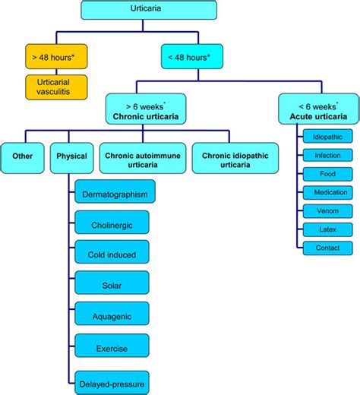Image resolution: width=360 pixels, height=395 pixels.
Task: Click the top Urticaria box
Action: [148, 11]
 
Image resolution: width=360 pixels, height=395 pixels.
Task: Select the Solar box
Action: [112, 286]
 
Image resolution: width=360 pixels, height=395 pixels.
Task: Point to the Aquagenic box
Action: [112, 318]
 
